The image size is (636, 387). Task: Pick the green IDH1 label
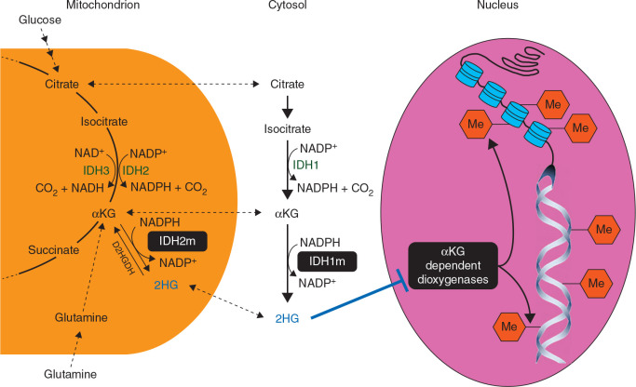pyautogui.click(x=319, y=164)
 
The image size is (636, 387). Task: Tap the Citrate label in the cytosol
pyautogui.click(x=287, y=86)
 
